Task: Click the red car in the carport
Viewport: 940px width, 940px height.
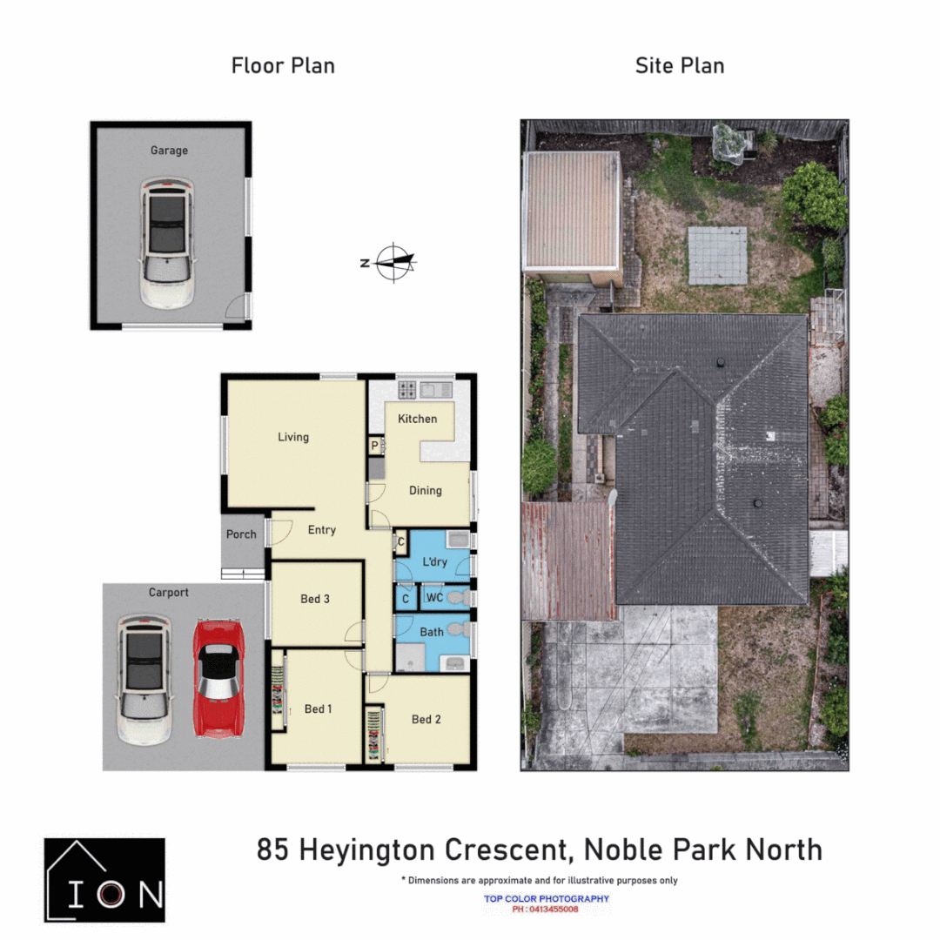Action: click(x=218, y=679)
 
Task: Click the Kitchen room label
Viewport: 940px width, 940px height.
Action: click(x=418, y=419)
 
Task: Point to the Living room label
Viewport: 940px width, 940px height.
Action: click(x=293, y=437)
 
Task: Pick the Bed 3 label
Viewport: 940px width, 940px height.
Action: click(x=315, y=599)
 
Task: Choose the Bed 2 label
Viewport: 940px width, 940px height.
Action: click(x=426, y=719)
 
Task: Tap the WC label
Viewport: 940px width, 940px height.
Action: click(x=435, y=598)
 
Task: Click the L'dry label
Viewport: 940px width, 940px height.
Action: click(x=434, y=562)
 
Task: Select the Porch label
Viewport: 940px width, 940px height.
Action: click(x=241, y=534)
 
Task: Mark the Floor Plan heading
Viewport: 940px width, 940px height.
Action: click(x=283, y=65)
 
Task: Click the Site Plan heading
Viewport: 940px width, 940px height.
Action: click(x=680, y=65)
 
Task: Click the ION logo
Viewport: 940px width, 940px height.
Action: click(x=104, y=880)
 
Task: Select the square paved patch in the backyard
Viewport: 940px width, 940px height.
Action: click(x=718, y=255)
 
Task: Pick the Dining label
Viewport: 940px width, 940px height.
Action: click(x=426, y=490)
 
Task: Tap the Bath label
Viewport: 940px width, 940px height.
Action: click(x=432, y=632)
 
